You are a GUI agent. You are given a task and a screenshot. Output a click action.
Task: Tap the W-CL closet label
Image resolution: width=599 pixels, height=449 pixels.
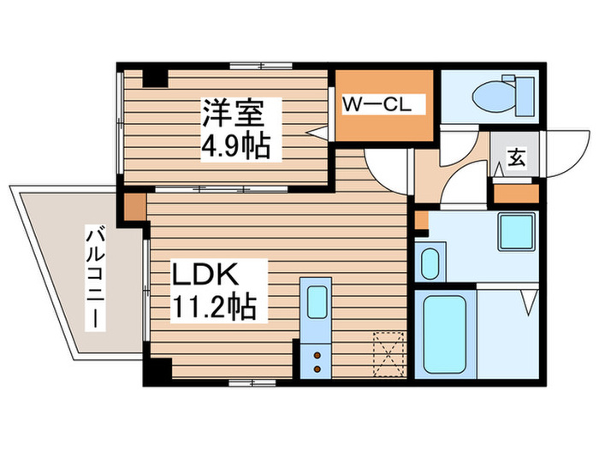[x=378, y=105]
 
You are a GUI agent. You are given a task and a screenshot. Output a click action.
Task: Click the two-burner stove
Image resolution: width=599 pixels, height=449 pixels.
[x=316, y=360]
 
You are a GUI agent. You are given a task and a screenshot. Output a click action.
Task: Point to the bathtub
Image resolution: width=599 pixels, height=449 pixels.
[x=444, y=333]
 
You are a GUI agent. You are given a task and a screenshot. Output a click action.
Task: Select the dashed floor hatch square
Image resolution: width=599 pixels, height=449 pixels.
[x=387, y=352]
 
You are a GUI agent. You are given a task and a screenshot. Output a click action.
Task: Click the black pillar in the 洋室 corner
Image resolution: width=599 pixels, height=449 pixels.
[x=155, y=77]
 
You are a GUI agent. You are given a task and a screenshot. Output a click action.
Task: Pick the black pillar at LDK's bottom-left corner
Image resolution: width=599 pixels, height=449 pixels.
[x=157, y=369]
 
